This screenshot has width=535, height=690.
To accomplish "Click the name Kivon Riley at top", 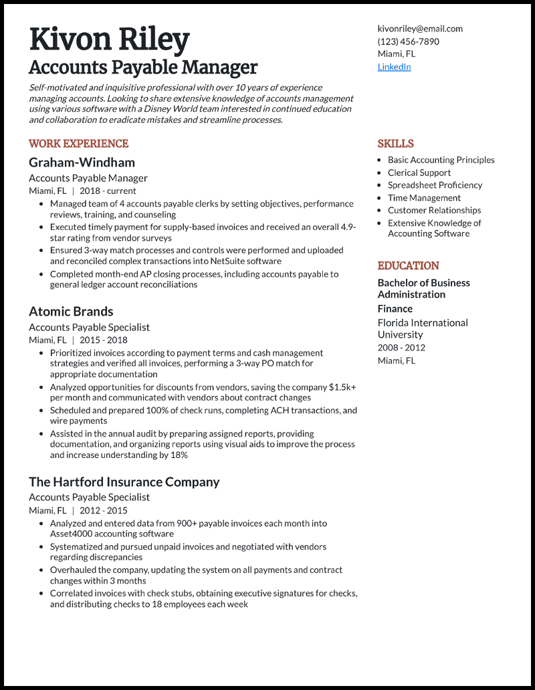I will point(109,39).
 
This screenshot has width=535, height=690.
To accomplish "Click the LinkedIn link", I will point(394,67).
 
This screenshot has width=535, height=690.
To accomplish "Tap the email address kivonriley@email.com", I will point(420,29).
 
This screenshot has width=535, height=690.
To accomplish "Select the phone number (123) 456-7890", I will point(408,41).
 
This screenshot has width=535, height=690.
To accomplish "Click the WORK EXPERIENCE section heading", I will point(78,144).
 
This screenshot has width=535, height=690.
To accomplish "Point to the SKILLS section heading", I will point(395,144).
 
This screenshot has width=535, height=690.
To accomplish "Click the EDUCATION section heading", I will point(408,265).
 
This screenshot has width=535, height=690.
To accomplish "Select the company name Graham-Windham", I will point(82,162).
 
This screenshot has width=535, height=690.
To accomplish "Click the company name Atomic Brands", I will point(71,312).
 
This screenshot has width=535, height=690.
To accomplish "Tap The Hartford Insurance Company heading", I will point(124,482).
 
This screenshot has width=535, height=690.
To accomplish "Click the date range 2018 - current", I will point(107,191).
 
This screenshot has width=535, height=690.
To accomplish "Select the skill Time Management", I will point(424,198).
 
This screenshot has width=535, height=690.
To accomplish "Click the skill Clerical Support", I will point(419,172).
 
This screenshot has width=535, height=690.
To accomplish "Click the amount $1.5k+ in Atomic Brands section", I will point(342,387).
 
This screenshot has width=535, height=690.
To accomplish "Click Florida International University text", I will point(423,328).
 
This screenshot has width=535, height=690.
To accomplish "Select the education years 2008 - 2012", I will point(401,348).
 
